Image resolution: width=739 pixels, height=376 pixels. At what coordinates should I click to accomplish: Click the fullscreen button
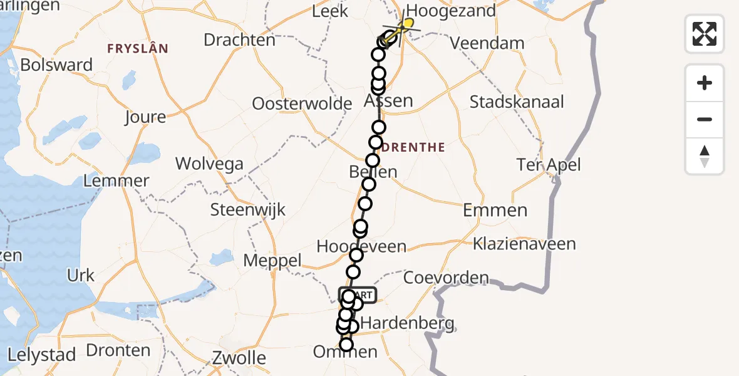[x=705, y=34]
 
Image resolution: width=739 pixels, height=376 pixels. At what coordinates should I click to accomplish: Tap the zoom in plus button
[x=705, y=83]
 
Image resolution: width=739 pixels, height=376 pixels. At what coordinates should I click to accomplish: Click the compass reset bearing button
[x=705, y=156]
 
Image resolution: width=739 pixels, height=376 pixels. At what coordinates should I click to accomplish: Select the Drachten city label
[x=239, y=39]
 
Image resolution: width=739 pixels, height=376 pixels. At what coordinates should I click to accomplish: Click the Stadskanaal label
[x=517, y=102]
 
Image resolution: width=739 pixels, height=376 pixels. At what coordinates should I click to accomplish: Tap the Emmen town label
[x=495, y=210]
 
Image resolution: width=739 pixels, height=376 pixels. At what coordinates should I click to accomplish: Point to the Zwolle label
[x=239, y=358]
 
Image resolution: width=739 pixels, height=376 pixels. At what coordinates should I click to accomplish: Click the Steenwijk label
[x=248, y=209]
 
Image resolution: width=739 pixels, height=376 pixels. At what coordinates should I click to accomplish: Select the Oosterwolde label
[x=302, y=103]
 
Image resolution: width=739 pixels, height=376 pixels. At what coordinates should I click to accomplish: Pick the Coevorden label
[x=446, y=278]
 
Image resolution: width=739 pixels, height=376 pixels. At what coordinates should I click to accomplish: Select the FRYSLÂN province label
[x=138, y=48]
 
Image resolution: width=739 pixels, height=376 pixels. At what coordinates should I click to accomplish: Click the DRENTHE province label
[x=414, y=148]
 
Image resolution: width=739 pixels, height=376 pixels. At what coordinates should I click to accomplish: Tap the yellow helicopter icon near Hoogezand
[x=407, y=24]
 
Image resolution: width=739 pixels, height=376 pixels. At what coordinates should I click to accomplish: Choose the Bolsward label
[x=56, y=65]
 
